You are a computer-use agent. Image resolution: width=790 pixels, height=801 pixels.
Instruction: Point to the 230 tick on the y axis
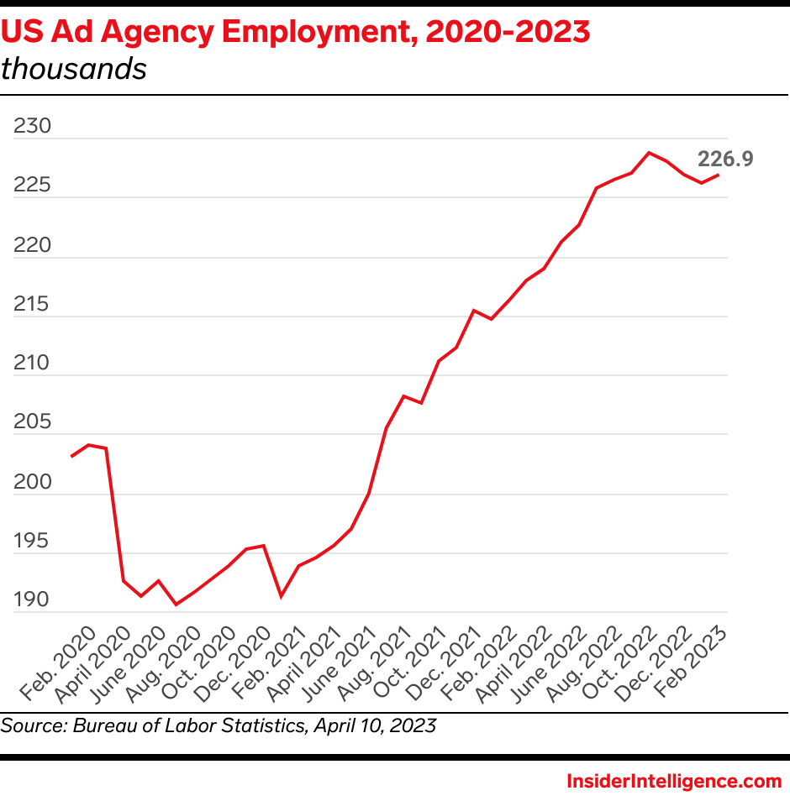pos(33,128)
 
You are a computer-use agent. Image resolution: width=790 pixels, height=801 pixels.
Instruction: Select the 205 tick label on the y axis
pos(33,423)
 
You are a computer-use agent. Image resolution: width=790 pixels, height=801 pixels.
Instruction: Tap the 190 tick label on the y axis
pos(33,600)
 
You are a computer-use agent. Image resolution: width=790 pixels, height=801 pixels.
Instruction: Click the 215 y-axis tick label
pos(33,305)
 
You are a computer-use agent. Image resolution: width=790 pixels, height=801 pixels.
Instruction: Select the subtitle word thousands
pos(74,69)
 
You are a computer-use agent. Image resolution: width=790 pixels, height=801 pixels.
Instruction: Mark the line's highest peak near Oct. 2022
pos(648,153)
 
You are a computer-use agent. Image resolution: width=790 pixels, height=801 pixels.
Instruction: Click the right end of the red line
pos(718,175)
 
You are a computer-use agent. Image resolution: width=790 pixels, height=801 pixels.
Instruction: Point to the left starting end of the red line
pos(71,457)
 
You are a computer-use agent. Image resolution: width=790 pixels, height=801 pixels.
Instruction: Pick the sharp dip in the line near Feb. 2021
pos(281,596)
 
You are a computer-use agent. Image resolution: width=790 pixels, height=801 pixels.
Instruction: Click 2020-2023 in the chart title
pos(508,31)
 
